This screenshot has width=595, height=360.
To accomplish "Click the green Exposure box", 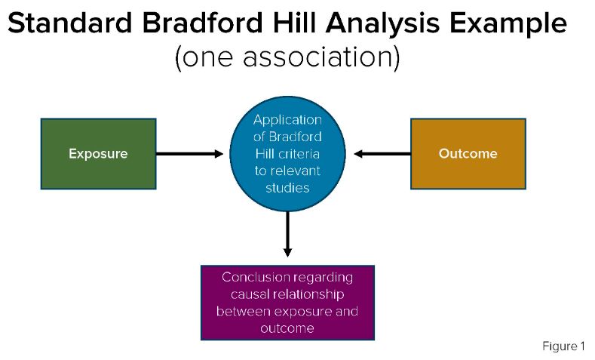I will [98, 153].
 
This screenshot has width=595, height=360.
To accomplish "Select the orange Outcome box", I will [468, 153].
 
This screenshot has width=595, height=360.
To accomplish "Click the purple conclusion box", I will [287, 303].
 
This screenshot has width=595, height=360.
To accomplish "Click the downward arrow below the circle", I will [287, 237].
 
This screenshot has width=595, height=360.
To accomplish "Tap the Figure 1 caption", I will [563, 346].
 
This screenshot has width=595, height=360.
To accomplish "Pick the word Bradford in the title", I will [201, 24].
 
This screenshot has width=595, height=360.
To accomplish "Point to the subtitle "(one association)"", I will [287, 58].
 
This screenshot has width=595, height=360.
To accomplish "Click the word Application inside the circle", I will [287, 120].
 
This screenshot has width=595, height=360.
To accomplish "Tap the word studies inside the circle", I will [287, 187].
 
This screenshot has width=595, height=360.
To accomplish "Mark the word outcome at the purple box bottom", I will [287, 328].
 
